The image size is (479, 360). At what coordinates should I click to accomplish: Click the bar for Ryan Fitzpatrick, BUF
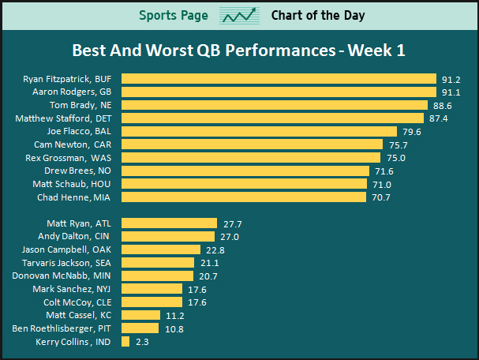(279, 79)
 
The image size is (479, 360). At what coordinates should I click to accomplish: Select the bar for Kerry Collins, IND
(125, 342)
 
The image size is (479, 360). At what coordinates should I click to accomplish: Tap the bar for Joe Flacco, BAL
(260, 131)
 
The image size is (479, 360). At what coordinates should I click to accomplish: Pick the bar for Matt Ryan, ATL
(170, 223)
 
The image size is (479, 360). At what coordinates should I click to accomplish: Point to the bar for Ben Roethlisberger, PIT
(140, 328)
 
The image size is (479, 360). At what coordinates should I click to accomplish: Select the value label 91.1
(451, 92)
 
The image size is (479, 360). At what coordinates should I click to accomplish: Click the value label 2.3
(142, 342)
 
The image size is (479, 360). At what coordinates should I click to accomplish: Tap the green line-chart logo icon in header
(240, 16)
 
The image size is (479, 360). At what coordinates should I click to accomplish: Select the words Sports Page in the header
(174, 16)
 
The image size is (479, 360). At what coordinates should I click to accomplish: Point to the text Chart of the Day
(318, 16)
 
